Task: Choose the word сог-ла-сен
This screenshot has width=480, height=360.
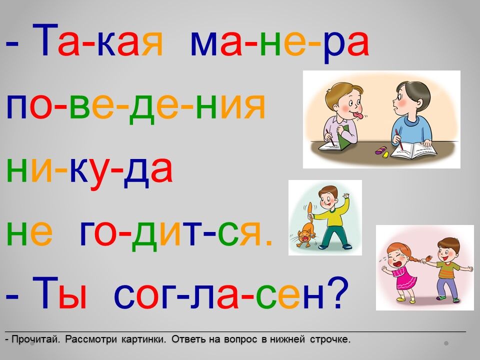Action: (x=219, y=293)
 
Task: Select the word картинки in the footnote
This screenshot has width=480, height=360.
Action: (x=141, y=339)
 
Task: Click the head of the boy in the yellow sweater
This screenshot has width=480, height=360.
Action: (x=328, y=197)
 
